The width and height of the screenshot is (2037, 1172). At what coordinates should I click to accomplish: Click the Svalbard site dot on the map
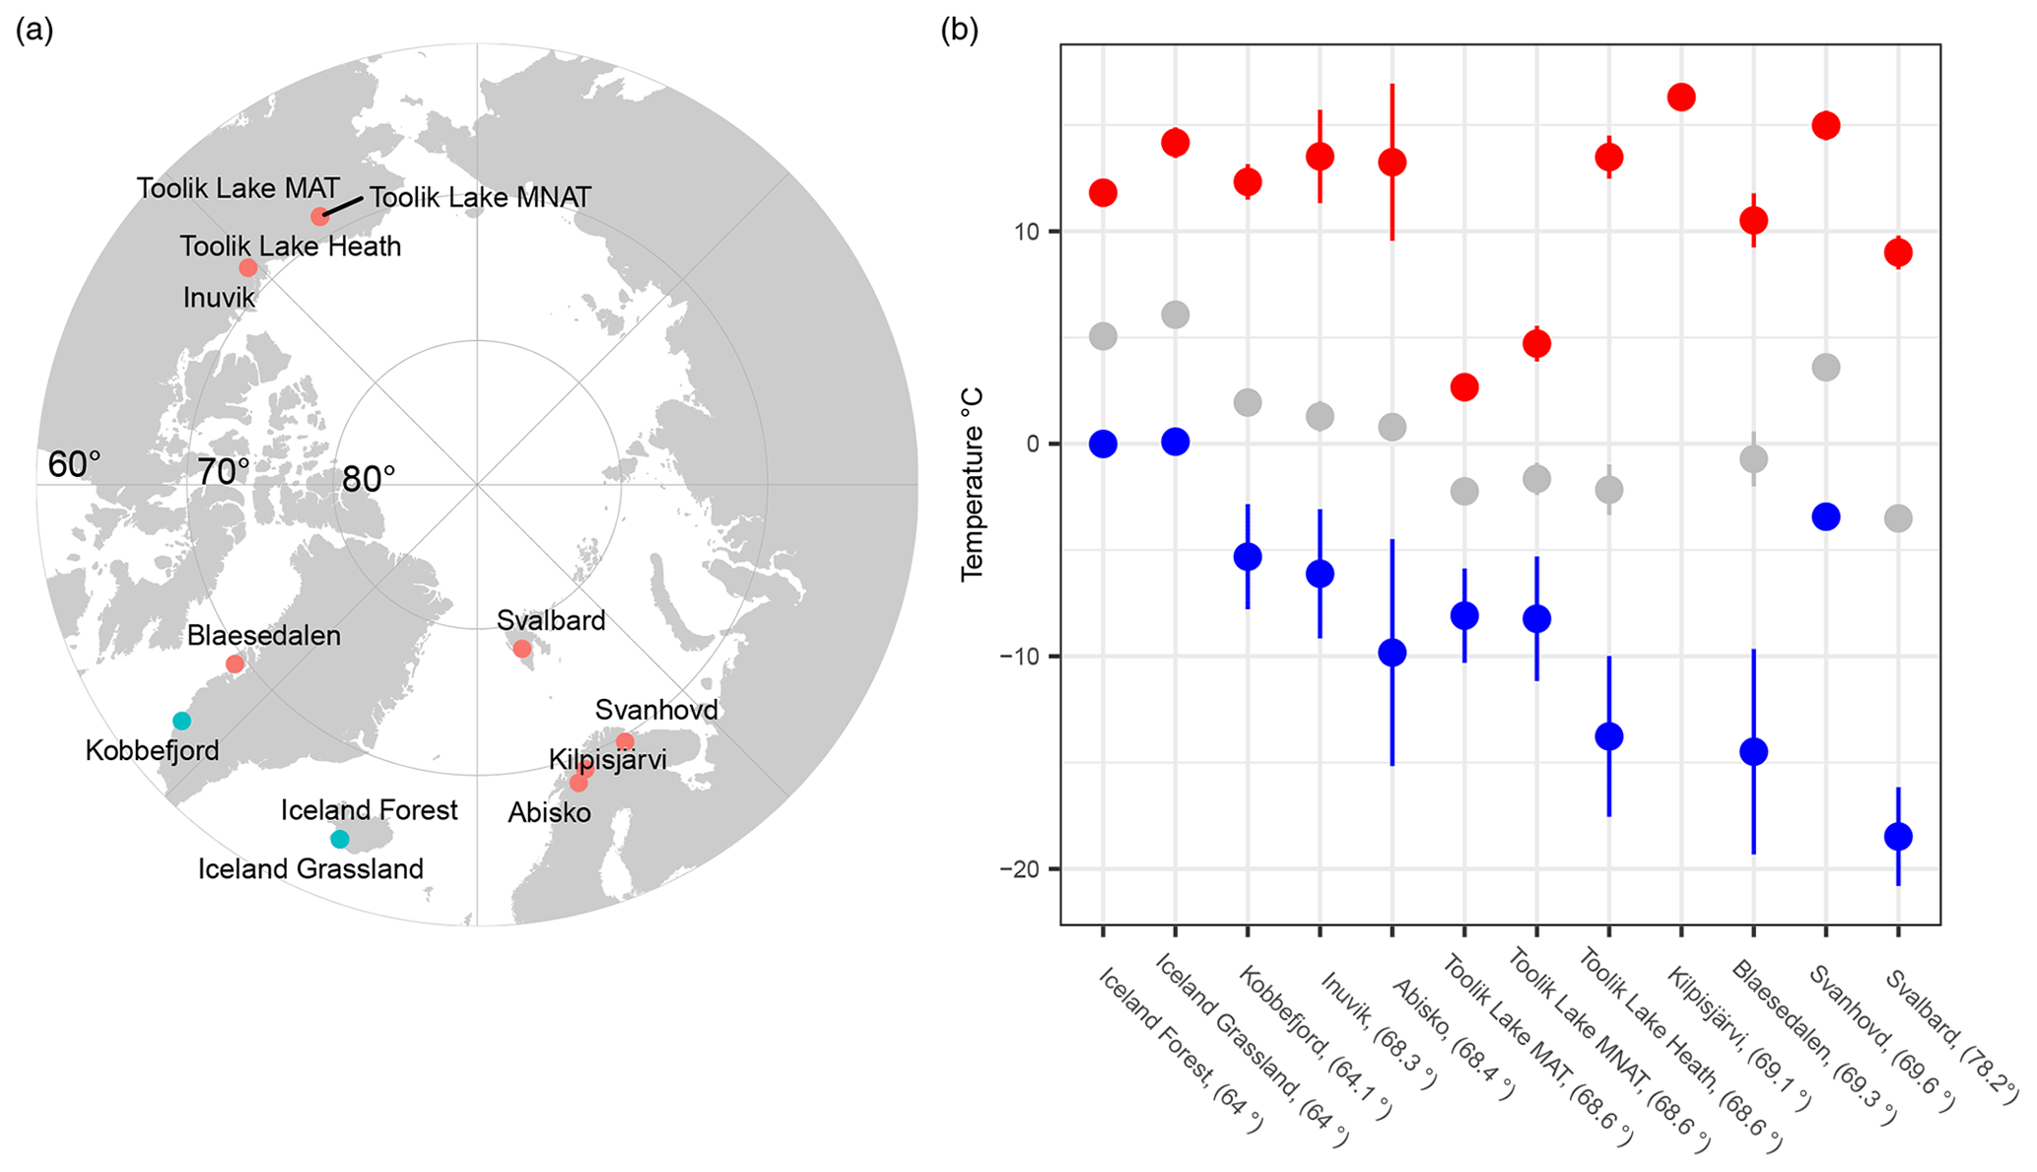(x=522, y=649)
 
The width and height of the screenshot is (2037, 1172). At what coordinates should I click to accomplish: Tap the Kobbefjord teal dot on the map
(x=181, y=721)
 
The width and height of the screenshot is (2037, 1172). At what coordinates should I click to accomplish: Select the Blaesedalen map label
(x=264, y=636)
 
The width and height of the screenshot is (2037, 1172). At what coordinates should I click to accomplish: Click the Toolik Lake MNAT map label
(x=480, y=198)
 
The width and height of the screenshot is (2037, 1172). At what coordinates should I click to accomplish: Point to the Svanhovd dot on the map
(x=625, y=741)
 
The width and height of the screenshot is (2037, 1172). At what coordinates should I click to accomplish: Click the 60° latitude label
(x=74, y=464)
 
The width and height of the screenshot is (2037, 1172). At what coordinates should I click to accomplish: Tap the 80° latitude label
(x=369, y=479)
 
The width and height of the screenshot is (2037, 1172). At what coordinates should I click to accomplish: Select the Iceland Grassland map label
(x=310, y=869)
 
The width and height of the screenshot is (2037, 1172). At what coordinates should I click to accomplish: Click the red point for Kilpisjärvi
(x=1681, y=97)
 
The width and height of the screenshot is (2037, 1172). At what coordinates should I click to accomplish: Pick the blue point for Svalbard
(x=1898, y=837)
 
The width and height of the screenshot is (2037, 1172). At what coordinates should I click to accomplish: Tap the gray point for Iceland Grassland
(x=1175, y=315)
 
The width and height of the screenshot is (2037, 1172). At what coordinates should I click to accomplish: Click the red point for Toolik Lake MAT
(x=1464, y=387)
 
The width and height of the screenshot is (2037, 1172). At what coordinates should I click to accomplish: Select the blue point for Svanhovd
(x=1826, y=517)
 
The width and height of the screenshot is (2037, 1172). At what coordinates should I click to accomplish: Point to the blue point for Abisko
(x=1392, y=653)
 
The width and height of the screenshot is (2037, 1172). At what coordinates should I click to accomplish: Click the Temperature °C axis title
(x=973, y=484)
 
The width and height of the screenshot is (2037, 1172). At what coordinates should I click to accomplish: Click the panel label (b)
(x=959, y=31)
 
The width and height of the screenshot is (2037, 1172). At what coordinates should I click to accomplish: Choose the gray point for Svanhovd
(x=1826, y=368)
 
